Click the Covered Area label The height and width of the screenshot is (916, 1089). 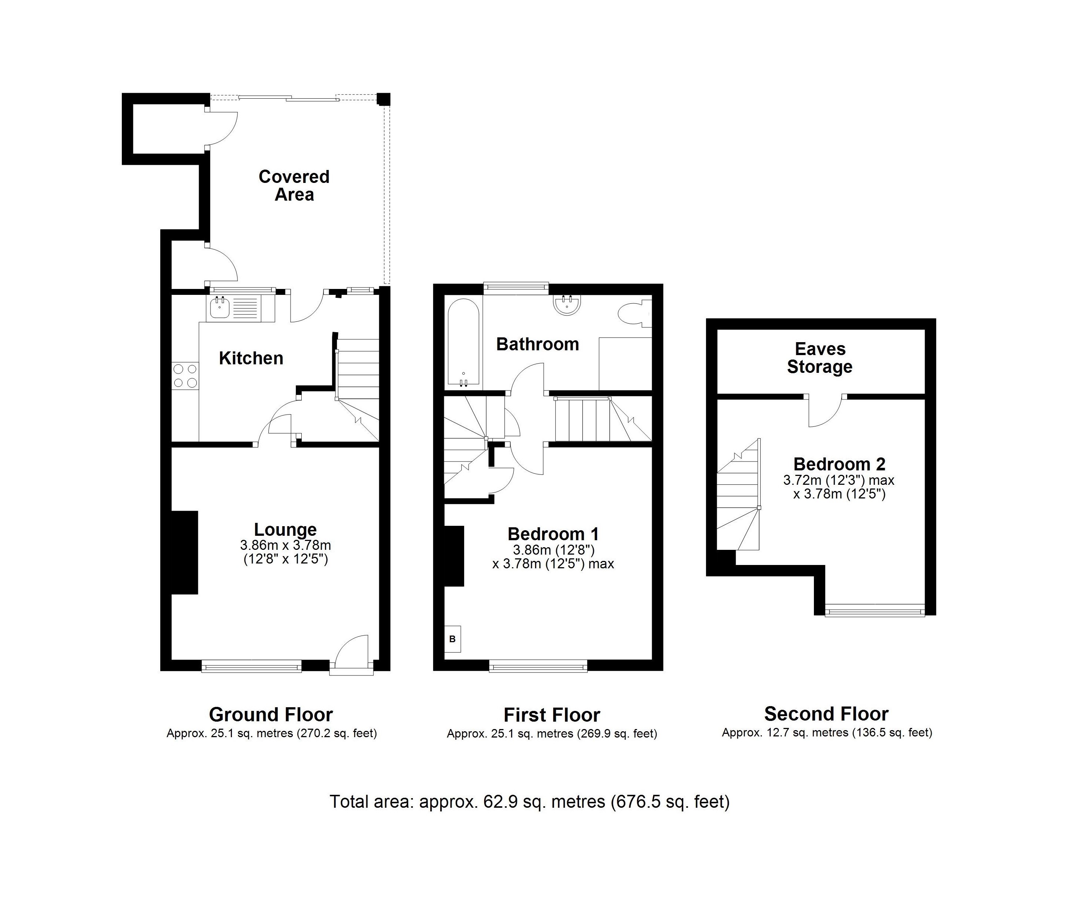point(294,185)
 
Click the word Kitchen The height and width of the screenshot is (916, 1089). point(251,358)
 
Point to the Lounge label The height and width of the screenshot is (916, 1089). point(285,529)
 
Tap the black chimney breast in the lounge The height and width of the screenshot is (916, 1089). point(185,552)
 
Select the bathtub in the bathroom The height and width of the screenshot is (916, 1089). point(463,343)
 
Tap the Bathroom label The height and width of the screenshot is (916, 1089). point(538,344)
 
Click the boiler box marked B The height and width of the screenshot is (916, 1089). point(452,639)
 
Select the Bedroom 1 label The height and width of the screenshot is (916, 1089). point(553,534)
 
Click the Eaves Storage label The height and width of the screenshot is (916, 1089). point(820,358)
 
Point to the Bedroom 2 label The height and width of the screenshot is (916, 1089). point(839,464)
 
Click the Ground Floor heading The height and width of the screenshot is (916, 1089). point(271,715)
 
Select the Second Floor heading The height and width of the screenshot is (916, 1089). point(826,714)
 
